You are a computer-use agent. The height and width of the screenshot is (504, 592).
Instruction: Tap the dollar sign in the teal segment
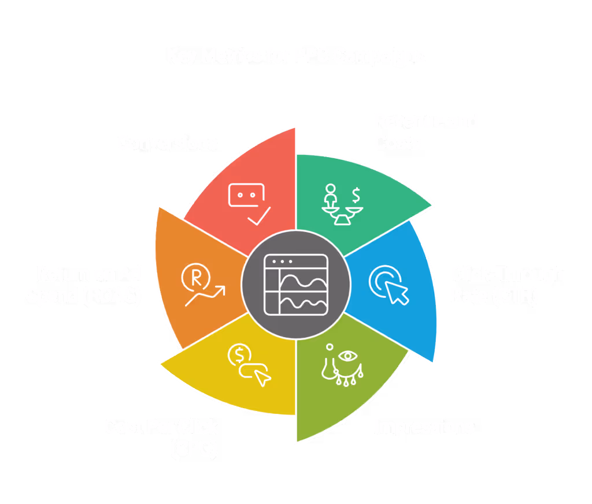click(x=357, y=192)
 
